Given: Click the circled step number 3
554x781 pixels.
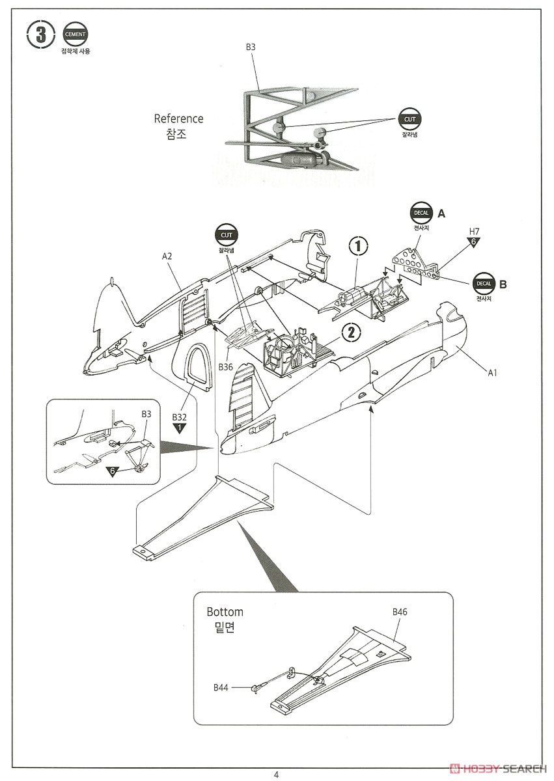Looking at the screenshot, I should pyautogui.click(x=41, y=35).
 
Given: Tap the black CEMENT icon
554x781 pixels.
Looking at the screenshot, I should pyautogui.click(x=75, y=34).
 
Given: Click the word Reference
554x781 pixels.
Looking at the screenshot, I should pyautogui.click(x=178, y=118).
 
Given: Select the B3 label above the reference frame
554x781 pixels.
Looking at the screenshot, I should pyautogui.click(x=251, y=47).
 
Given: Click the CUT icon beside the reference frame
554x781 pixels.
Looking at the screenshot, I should pyautogui.click(x=409, y=120).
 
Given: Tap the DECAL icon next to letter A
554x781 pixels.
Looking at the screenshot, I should pyautogui.click(x=422, y=213).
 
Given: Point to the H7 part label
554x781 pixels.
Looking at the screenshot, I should pyautogui.click(x=474, y=232).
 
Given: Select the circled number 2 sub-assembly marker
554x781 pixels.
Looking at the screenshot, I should pyautogui.click(x=351, y=332).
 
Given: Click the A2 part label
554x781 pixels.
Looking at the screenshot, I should pyautogui.click(x=167, y=256).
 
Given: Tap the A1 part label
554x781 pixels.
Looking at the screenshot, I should pyautogui.click(x=493, y=372).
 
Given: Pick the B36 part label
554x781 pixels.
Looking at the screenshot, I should pyautogui.click(x=225, y=367).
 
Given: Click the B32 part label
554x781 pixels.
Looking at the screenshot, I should pyautogui.click(x=179, y=417).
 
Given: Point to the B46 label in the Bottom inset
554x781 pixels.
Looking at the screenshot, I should pyautogui.click(x=400, y=612).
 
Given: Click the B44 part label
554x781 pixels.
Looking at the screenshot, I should pyautogui.click(x=221, y=687).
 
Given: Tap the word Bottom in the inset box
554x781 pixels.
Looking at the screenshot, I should pyautogui.click(x=225, y=612).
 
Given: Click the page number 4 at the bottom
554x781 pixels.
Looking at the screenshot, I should pyautogui.click(x=276, y=774).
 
